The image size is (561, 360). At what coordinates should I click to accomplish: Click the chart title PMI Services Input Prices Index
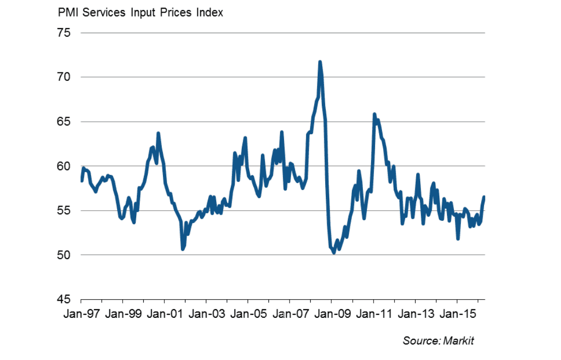pyautogui.click(x=141, y=13)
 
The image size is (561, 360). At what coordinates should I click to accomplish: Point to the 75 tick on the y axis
pyautogui.click(x=65, y=33)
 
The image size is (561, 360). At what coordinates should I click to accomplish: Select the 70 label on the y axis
pyautogui.click(x=65, y=77)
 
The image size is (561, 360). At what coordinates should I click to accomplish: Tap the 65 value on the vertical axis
pyautogui.click(x=65, y=122)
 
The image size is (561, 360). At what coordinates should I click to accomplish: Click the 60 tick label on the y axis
pyautogui.click(x=65, y=166)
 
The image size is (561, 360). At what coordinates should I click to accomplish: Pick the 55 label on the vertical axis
pyautogui.click(x=65, y=211)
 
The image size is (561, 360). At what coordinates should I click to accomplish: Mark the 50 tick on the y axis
pyautogui.click(x=65, y=255)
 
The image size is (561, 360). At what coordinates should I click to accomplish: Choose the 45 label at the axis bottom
pyautogui.click(x=65, y=300)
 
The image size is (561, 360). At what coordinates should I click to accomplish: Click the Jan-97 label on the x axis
pyautogui.click(x=81, y=314)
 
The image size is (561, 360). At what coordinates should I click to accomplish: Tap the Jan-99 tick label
pyautogui.click(x=123, y=314)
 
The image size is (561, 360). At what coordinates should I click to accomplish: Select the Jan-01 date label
pyautogui.click(x=164, y=314)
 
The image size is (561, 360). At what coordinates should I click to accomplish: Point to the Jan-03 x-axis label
pyautogui.click(x=206, y=314)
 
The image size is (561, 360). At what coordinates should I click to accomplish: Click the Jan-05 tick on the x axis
pyautogui.click(x=248, y=314)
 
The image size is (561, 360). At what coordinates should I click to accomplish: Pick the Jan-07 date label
pyautogui.click(x=290, y=314)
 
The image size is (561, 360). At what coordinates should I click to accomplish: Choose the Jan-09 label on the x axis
pyautogui.click(x=331, y=314)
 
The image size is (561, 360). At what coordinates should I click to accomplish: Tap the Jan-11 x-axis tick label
pyautogui.click(x=373, y=314)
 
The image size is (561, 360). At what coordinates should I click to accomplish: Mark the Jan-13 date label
pyautogui.click(x=415, y=314)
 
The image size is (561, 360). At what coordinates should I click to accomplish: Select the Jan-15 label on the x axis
pyautogui.click(x=456, y=314)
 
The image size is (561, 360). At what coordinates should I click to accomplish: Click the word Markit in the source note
pyautogui.click(x=458, y=341)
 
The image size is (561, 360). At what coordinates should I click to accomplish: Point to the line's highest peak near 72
pyautogui.click(x=320, y=62)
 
